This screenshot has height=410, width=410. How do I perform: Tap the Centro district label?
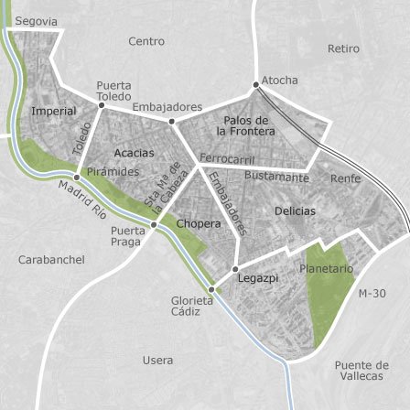click(x=146, y=41)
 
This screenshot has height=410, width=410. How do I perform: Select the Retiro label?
click(x=344, y=49)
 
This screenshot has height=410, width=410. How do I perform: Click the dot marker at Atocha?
click(x=256, y=84)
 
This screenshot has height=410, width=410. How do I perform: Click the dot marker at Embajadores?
click(x=171, y=120)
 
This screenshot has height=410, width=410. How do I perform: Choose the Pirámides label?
click(x=111, y=171)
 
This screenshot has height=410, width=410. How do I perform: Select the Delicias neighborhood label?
click(x=294, y=211)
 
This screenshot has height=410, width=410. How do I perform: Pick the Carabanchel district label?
click(x=51, y=260)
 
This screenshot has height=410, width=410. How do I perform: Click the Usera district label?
click(x=157, y=361)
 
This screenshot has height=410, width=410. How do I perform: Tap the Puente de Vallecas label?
click(x=361, y=370)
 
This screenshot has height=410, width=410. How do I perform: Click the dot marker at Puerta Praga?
click(x=154, y=224)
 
